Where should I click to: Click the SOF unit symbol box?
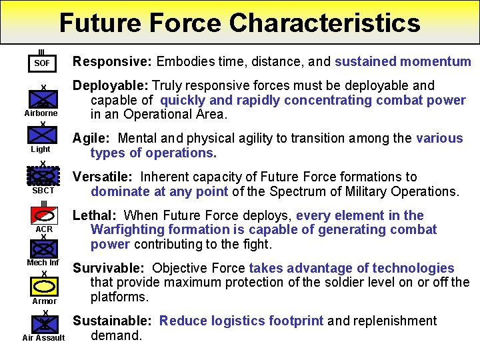[42, 63]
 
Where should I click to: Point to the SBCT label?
[43, 191]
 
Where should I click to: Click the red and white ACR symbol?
[43, 215]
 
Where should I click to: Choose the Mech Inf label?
[43, 262]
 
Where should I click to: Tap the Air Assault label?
[43, 337]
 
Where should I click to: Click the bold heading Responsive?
[113, 62]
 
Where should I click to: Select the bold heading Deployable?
[111, 85]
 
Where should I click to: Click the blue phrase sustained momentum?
[403, 62]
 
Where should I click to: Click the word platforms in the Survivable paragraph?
[117, 296]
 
